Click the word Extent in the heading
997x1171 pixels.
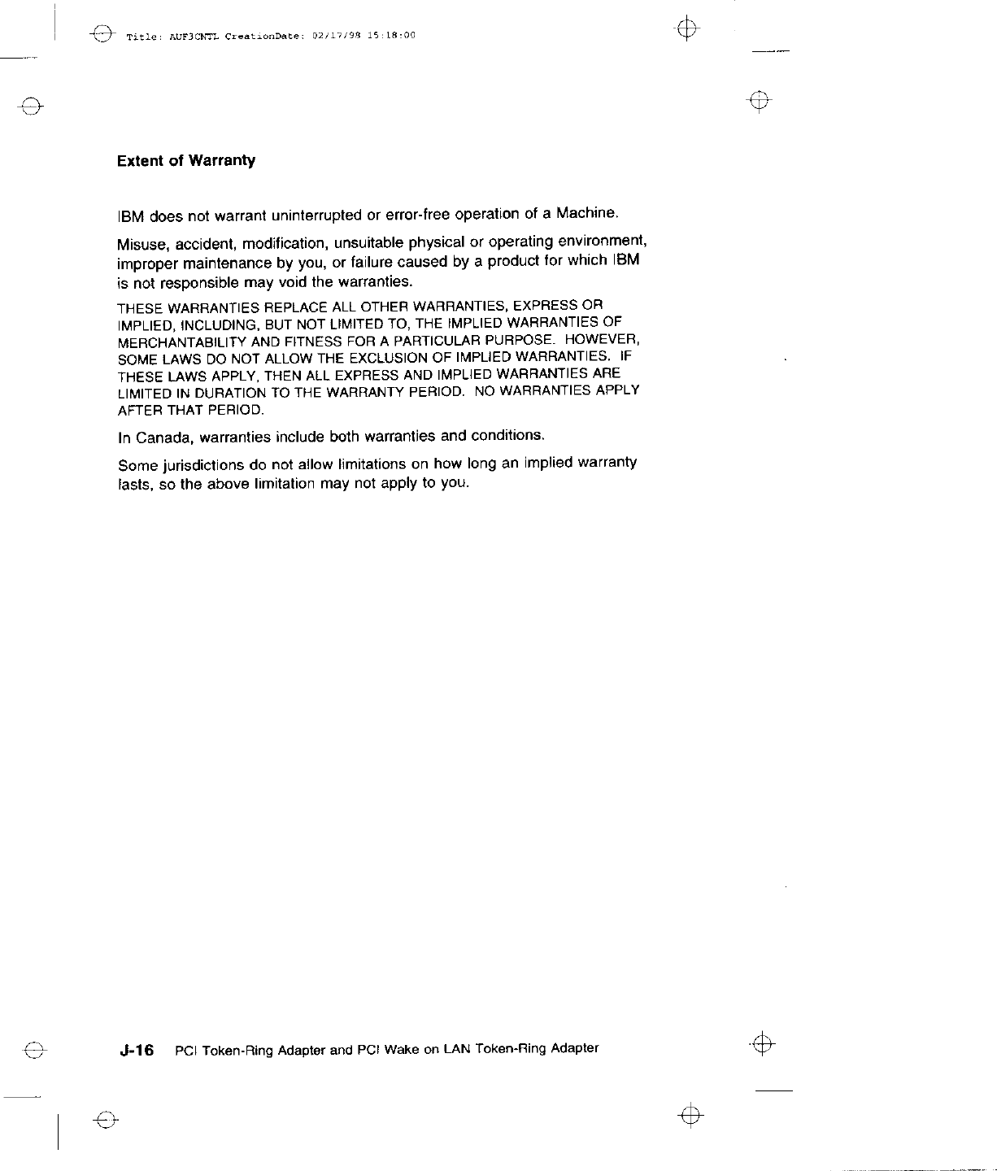(x=141, y=161)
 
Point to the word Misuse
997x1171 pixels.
(x=141, y=245)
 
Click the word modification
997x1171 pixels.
(x=285, y=244)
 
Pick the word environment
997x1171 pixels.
(x=602, y=241)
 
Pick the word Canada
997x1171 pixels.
(x=161, y=438)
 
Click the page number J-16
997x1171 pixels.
(x=136, y=1051)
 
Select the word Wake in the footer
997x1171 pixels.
(x=400, y=1050)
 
